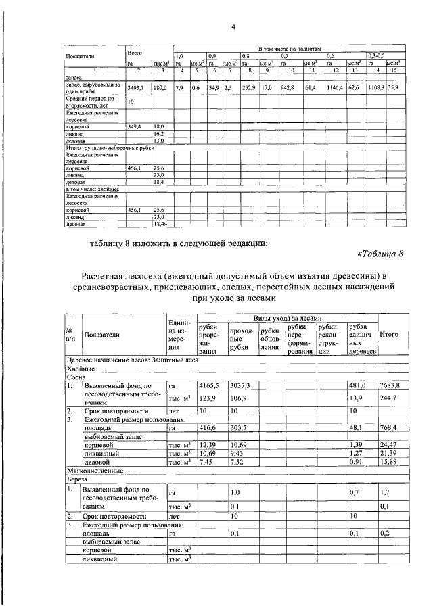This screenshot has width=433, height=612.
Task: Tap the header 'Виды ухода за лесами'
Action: [287, 318]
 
